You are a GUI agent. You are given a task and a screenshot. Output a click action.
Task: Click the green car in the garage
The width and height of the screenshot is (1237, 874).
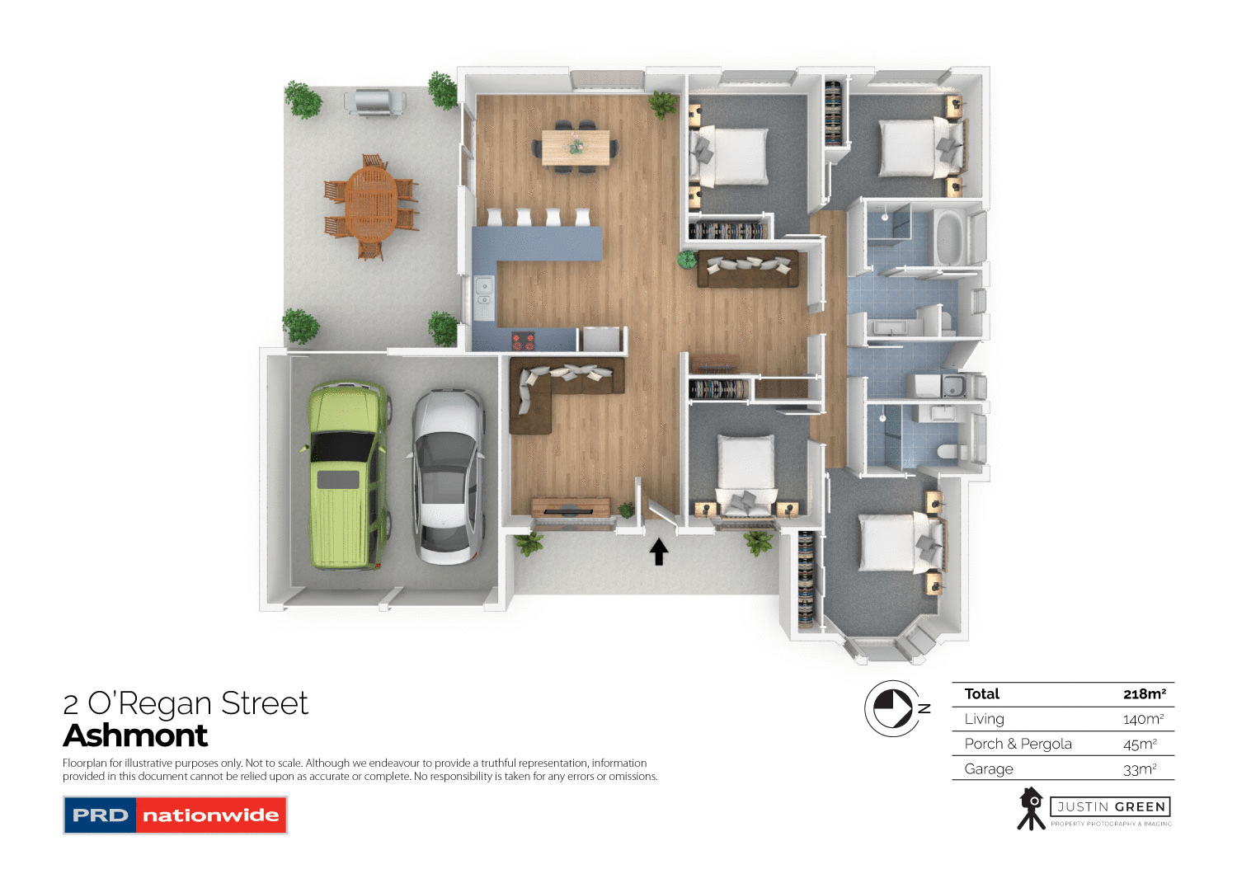click(x=347, y=475)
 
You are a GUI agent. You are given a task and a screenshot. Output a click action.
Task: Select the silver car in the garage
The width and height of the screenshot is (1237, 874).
click(x=447, y=477)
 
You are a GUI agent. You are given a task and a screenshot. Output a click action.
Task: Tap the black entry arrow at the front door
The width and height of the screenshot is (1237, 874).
click(x=658, y=552)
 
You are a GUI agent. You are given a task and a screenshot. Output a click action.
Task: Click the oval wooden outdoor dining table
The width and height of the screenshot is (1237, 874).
click(x=371, y=205)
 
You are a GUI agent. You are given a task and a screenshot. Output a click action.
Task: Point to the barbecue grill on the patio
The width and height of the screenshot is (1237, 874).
click(x=375, y=102)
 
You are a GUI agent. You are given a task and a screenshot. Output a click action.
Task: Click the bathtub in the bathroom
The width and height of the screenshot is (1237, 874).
click(x=951, y=237)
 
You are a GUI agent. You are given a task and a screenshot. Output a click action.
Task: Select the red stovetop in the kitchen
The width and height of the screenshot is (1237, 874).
click(x=523, y=341)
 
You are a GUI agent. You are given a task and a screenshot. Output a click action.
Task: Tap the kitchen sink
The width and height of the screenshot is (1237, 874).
click(x=483, y=294)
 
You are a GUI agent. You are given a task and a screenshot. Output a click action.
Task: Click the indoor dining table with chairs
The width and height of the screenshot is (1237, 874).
click(x=576, y=147)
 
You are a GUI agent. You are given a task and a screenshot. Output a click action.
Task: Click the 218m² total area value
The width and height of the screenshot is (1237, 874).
click(x=1144, y=694)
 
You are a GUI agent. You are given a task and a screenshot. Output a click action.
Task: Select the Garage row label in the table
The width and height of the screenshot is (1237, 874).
click(x=989, y=769)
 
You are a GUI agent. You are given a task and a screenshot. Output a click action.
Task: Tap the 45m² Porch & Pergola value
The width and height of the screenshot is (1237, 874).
click(x=1140, y=744)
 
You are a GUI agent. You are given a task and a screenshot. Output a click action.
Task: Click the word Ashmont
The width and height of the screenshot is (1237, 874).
click(x=136, y=735)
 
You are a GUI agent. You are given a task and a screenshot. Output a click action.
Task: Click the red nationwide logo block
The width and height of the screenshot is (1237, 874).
click(x=210, y=815)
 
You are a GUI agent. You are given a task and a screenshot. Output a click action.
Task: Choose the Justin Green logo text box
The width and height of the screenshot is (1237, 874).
click(x=1110, y=806)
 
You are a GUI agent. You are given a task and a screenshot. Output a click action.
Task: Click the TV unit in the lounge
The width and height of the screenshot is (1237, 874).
click(x=571, y=506)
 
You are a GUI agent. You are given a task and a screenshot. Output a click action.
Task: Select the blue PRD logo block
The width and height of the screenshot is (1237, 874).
click(x=101, y=815)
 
